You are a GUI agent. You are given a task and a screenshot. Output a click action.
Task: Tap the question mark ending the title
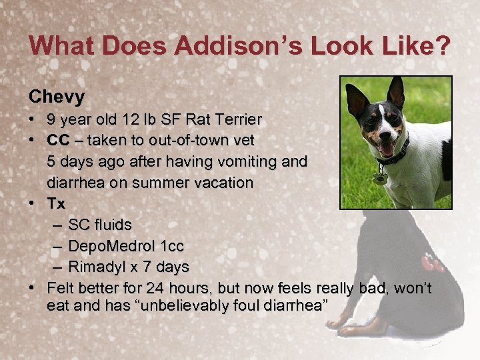point(442,46)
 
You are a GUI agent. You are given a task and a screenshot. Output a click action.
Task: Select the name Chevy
point(57,97)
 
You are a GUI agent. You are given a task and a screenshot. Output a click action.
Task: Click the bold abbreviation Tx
point(56,204)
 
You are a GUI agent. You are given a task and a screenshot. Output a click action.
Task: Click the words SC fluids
point(100,225)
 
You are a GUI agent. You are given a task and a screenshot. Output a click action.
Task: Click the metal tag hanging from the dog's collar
point(381,178)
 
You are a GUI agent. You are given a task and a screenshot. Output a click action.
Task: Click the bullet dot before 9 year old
point(33,121)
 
